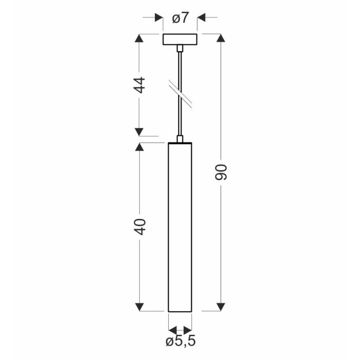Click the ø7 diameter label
click(181, 18)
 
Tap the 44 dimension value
click(139, 85)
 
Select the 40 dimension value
click(139, 227)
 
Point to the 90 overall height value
click(221, 172)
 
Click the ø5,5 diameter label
click(181, 341)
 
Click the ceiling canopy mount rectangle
click(180, 40)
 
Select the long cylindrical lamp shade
click(180, 227)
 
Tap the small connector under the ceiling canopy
click(180, 48)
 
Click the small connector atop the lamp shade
click(180, 139)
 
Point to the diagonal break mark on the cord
click(181, 94)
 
